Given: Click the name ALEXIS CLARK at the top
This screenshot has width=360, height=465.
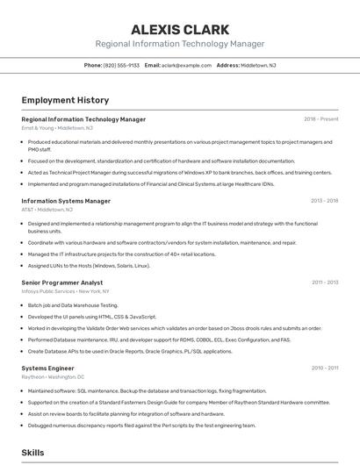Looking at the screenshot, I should coord(179,29).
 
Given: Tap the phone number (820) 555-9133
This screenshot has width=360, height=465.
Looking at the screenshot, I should coord(121,66).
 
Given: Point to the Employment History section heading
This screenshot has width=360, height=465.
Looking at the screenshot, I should coord(65,100).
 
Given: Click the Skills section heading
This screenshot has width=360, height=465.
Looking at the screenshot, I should coord(32,452).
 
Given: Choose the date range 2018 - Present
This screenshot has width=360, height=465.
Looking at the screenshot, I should coord(320,118).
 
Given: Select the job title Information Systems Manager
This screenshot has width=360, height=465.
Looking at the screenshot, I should coord(66,201).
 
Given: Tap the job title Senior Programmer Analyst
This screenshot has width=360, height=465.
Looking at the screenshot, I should coord(61,283).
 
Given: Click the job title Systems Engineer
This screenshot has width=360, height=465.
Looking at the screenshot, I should coord(47,368).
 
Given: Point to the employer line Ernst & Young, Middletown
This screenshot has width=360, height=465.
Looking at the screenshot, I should coord(57,128).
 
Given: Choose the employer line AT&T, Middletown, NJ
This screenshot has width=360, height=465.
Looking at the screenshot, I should coord(47,210).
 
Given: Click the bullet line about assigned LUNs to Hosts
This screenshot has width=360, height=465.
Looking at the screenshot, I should coord(89,265).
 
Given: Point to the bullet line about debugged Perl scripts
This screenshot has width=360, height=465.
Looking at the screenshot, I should coord(141,426).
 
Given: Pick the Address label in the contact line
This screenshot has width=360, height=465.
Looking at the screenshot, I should coord(227,66).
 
